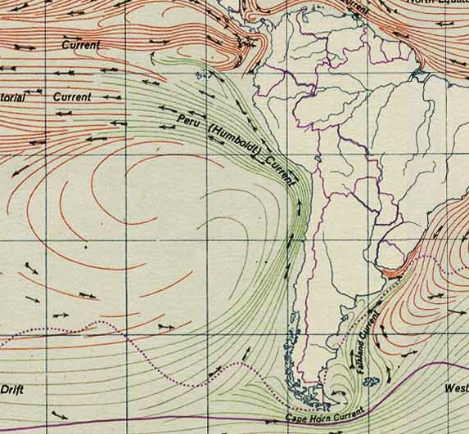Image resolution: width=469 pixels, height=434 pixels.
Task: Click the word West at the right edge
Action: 456,389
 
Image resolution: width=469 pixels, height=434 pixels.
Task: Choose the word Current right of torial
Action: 72,96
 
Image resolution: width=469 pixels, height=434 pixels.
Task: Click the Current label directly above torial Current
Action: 81,45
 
